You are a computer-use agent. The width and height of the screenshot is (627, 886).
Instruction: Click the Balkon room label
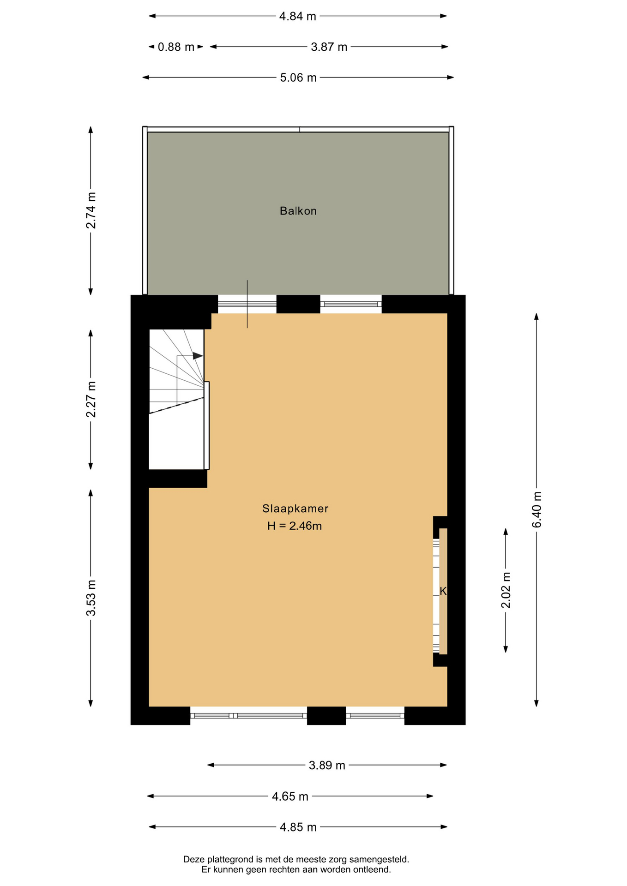click(x=298, y=211)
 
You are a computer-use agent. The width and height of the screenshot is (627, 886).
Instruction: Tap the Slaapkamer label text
click(x=295, y=509)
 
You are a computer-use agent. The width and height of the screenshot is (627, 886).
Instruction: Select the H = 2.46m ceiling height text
click(x=294, y=526)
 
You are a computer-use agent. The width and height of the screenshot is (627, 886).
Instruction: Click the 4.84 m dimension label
click(x=297, y=16)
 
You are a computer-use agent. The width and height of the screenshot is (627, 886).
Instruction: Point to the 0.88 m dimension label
click(x=176, y=47)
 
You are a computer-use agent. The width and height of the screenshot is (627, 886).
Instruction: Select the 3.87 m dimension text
click(x=329, y=47)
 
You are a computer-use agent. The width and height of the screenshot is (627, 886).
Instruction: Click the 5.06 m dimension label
click(x=298, y=78)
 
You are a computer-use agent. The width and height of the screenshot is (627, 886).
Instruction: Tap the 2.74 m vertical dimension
click(x=91, y=210)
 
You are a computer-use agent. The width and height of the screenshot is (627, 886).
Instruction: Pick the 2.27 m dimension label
click(x=91, y=399)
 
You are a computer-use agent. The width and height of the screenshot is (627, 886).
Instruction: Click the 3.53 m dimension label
click(x=91, y=598)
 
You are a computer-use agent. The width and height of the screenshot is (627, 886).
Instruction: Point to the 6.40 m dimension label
click(x=537, y=509)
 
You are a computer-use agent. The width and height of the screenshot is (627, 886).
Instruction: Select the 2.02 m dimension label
click(x=506, y=590)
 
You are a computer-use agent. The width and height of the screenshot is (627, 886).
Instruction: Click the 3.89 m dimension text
click(x=327, y=766)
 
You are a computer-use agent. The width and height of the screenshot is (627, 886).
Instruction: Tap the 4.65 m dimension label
click(x=290, y=796)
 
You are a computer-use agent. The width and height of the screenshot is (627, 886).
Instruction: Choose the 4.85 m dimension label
click(x=298, y=827)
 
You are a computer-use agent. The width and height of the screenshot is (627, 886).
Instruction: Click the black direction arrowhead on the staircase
click(x=198, y=356)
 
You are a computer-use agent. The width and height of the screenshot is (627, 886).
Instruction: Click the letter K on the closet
click(x=443, y=591)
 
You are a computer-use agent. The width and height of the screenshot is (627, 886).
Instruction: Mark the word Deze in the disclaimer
click(x=194, y=859)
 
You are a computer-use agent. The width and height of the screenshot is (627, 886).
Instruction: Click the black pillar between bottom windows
click(x=326, y=715)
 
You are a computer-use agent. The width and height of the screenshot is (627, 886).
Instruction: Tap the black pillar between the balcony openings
click(x=298, y=304)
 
